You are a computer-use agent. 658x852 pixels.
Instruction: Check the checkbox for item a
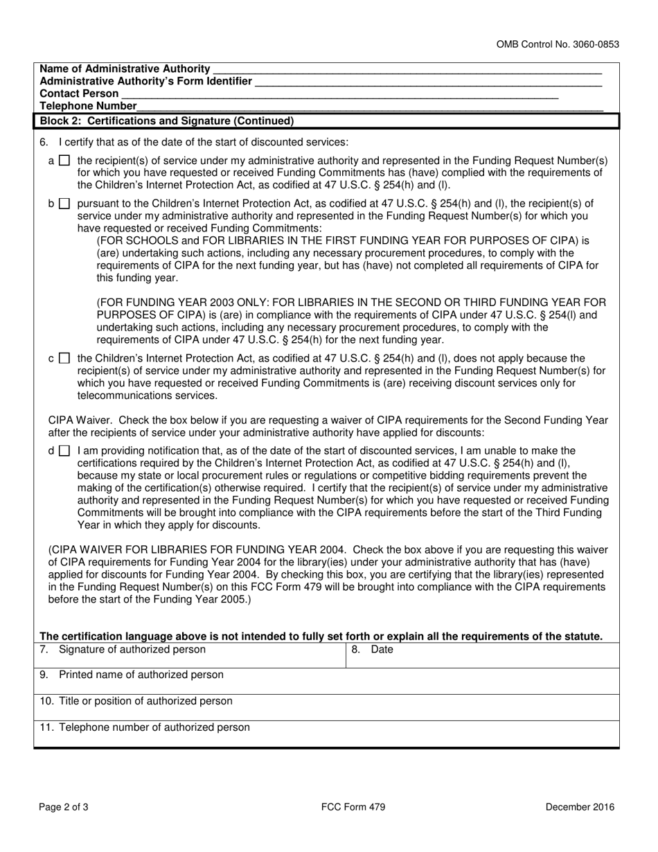tap(64, 161)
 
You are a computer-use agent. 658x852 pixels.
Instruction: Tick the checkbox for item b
tap(64, 204)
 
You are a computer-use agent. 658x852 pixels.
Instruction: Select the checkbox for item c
tap(64, 359)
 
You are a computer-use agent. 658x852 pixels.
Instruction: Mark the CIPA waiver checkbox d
tap(64, 450)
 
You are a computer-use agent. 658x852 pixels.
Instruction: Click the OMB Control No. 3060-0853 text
tap(558, 44)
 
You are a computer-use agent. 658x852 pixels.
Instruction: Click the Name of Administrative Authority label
tap(125, 69)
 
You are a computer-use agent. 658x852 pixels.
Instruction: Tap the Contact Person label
tap(80, 94)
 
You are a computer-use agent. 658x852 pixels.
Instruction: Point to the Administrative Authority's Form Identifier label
tap(146, 81)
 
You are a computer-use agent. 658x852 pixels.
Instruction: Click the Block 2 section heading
tap(167, 121)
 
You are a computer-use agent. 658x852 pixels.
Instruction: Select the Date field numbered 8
tap(482, 655)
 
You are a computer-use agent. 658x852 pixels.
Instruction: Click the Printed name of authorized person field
tap(326, 680)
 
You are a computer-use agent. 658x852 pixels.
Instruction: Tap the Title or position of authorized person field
tap(326, 707)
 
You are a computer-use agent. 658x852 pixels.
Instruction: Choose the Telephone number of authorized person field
tap(326, 733)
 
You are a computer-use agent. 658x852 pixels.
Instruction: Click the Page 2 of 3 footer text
tap(63, 806)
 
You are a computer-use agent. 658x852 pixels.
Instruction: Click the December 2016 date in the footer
tap(579, 806)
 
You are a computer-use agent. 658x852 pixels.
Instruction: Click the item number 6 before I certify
tap(44, 143)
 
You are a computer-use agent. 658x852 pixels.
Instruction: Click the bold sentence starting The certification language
tap(321, 637)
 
